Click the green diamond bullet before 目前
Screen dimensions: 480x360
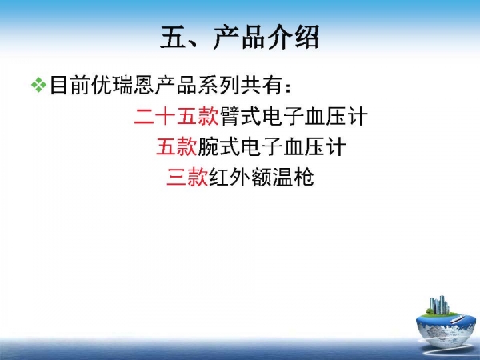(38, 85)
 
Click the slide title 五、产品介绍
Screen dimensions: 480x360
(240, 38)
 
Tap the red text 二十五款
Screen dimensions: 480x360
(177, 117)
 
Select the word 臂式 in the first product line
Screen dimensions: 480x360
(241, 117)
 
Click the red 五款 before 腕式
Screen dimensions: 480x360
(177, 147)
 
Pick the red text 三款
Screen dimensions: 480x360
(187, 177)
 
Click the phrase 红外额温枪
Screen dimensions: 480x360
(261, 177)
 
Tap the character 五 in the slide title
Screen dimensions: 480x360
(173, 38)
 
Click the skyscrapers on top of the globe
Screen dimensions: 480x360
(439, 305)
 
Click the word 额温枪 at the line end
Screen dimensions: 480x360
(282, 177)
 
